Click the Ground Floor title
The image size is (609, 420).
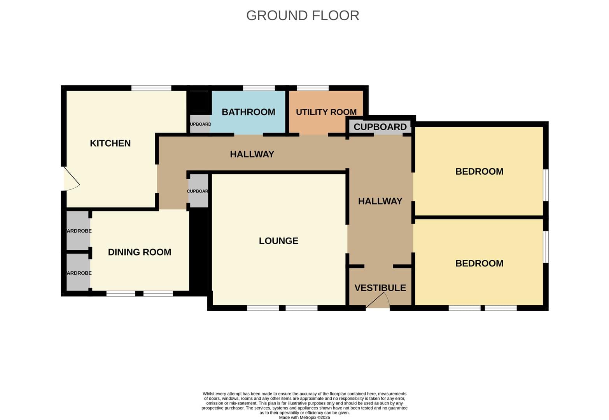tap(303, 16)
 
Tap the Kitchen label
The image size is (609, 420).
tap(110, 143)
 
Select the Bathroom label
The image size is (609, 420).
tap(248, 112)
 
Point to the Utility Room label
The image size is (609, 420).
tap(326, 112)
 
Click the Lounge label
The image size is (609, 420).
tap(278, 241)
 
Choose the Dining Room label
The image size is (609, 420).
tap(140, 252)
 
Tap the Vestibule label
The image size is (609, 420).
tap(380, 288)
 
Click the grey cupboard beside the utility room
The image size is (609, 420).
tap(380, 127)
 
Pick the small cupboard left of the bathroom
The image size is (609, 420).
tap(200, 124)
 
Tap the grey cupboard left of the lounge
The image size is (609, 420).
tap(199, 191)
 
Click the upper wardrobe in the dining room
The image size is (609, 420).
tap(78, 231)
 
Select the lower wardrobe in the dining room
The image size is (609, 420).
tap(78, 272)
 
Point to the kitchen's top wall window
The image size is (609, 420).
tap(151, 88)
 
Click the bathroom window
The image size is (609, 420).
tap(259, 88)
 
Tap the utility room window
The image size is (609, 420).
tap(313, 88)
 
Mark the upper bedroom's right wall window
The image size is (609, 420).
tap(546, 185)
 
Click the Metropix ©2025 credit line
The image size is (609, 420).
tap(304, 417)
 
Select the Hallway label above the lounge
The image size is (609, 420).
tap(252, 154)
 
